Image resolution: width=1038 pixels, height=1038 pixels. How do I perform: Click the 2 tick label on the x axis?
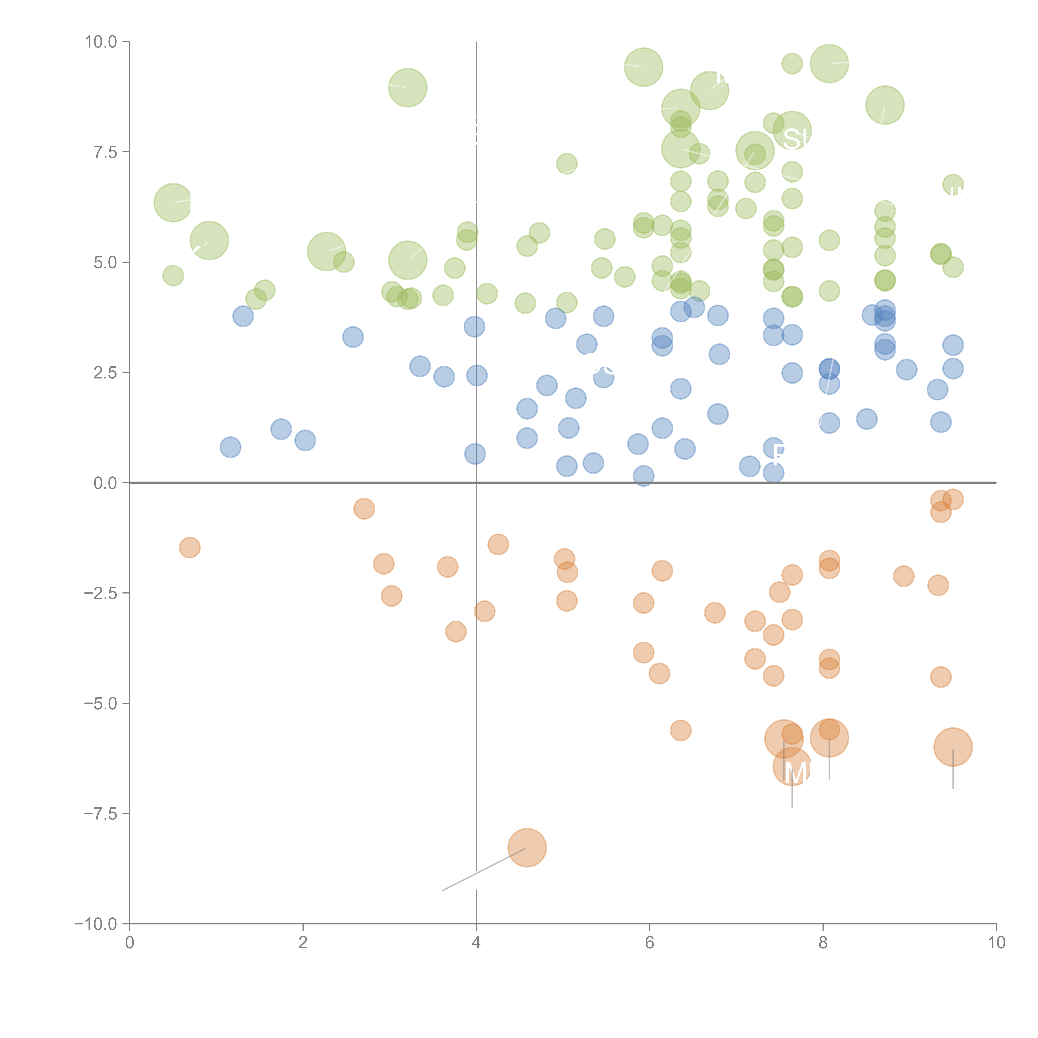pyautogui.click(x=303, y=943)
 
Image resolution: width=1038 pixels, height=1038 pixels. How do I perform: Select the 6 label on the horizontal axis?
pyautogui.click(x=650, y=943)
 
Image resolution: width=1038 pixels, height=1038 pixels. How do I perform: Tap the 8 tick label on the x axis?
pyautogui.click(x=823, y=943)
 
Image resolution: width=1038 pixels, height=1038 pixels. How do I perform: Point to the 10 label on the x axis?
pyautogui.click(x=996, y=943)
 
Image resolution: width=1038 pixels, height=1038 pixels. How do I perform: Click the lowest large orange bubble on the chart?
pyautogui.click(x=527, y=848)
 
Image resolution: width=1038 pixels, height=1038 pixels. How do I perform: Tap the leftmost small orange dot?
pyautogui.click(x=190, y=547)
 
